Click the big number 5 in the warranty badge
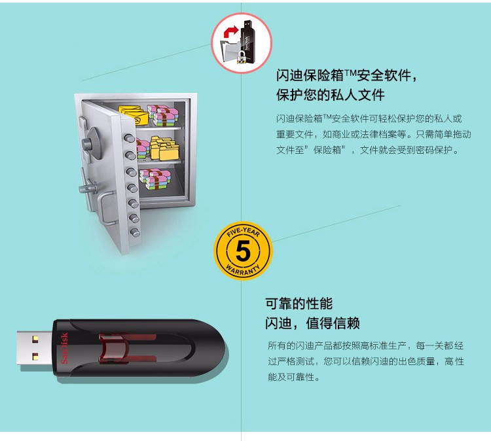point(243,251)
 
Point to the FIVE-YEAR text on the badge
point(243,232)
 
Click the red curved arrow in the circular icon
point(230,32)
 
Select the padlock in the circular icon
point(241,56)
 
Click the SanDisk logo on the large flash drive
point(64,348)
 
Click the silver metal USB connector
point(35,347)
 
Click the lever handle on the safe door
point(88,188)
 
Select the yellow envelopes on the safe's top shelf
point(133,115)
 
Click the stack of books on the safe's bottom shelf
point(155,179)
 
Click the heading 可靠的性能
point(299,304)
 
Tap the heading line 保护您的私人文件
point(330,94)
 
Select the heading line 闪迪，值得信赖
point(312,323)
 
